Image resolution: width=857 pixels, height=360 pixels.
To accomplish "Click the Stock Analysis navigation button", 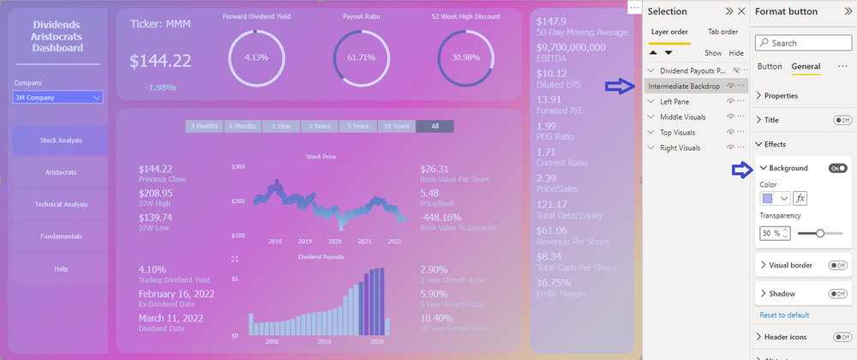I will click(61, 140).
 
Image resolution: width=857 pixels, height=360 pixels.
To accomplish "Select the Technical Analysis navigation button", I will click(61, 204).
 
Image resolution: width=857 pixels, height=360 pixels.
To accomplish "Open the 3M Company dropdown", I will click(57, 98).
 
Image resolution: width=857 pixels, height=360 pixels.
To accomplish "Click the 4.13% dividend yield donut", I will click(256, 57).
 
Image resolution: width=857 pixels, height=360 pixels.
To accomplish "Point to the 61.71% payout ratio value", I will click(361, 57).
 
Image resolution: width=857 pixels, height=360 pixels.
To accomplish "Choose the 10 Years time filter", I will click(396, 126).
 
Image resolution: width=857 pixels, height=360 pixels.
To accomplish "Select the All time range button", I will click(434, 126).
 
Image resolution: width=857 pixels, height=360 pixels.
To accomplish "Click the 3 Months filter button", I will click(204, 126).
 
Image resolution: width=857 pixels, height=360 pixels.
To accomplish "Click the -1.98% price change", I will click(160, 87).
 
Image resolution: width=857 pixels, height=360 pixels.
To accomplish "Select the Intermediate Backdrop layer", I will click(684, 86).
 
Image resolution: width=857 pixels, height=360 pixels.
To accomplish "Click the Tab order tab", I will click(722, 32).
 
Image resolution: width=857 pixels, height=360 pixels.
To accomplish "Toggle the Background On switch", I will click(837, 168).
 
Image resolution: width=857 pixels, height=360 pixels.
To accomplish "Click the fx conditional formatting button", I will click(800, 198).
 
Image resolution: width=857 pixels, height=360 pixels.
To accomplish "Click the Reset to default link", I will click(784, 315).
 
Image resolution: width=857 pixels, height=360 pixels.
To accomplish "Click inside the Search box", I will click(806, 42).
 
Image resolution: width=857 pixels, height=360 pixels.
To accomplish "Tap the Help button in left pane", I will click(61, 268).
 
